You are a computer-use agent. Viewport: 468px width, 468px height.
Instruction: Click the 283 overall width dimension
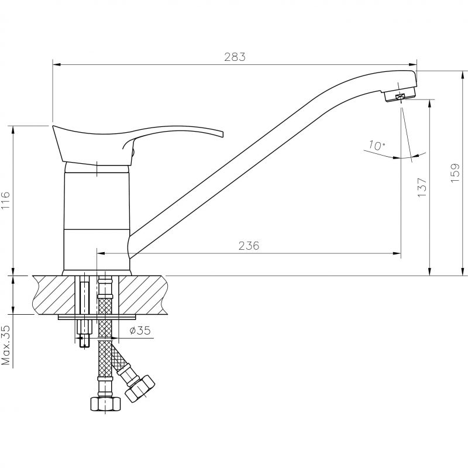235,57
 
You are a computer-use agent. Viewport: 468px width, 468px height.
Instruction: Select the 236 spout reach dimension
249,246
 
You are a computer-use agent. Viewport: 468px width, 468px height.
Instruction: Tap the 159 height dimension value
456,173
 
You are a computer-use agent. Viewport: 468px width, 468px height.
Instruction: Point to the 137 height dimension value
422,187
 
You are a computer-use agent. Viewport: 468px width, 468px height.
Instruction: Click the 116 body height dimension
5,201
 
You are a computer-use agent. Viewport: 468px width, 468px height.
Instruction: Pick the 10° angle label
377,145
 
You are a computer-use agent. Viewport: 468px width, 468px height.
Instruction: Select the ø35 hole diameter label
140,331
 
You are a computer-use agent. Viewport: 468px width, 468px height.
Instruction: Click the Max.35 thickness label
6,345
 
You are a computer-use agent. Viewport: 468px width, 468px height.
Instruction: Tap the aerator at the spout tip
400,95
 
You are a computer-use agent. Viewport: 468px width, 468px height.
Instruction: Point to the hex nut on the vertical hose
105,404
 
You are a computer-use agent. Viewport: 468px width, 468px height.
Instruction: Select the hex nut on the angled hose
140,388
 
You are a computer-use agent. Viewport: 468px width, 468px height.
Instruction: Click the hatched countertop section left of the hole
53,295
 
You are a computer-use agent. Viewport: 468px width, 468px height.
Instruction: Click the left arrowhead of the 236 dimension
101,254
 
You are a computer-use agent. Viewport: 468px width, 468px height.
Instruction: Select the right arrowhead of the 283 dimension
413,64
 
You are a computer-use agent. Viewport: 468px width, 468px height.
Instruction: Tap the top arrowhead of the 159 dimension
463,75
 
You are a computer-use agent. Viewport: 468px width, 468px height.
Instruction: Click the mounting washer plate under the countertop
97,317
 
